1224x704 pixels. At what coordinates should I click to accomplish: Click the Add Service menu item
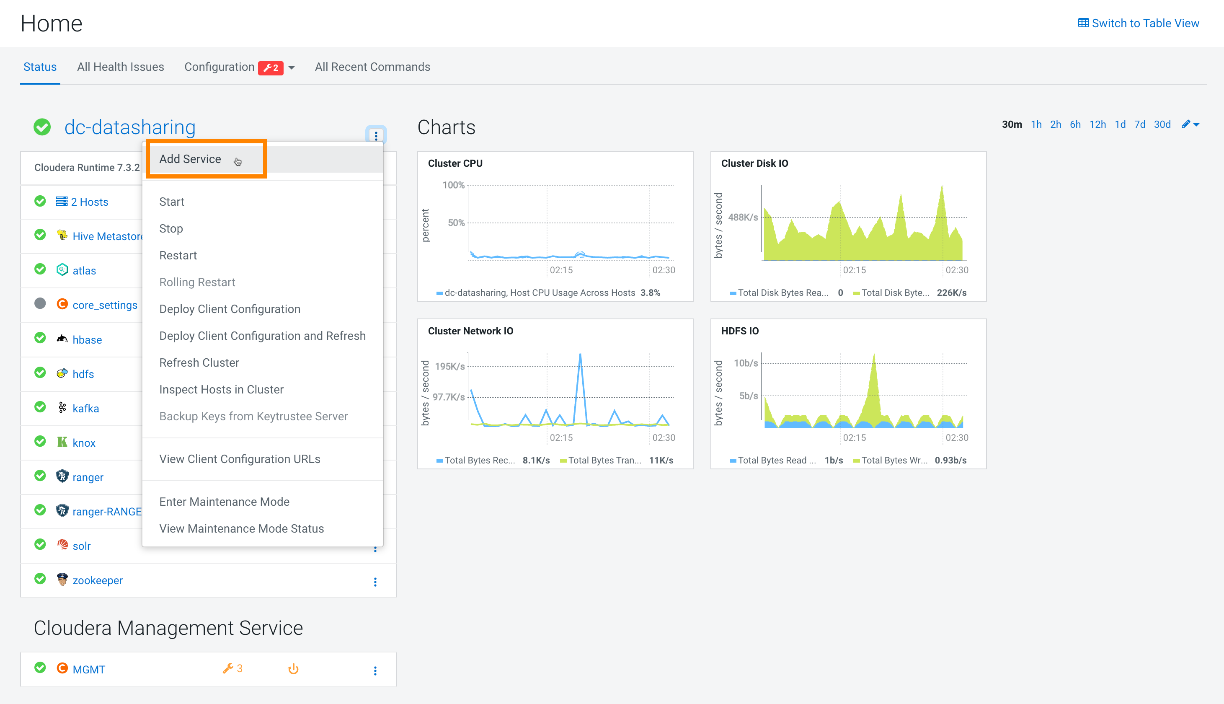tap(190, 159)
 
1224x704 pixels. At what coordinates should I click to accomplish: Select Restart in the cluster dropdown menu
tap(178, 255)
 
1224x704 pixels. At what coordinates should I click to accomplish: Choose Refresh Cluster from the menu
tap(199, 362)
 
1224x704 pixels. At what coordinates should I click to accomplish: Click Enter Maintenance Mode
tap(224, 502)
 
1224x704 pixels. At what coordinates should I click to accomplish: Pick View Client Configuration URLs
tap(240, 459)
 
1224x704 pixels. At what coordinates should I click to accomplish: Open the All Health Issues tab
tap(120, 67)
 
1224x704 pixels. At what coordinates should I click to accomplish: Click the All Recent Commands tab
tap(372, 67)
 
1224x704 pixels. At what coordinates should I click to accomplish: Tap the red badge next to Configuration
tap(271, 68)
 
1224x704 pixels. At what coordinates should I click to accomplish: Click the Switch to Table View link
tap(1139, 23)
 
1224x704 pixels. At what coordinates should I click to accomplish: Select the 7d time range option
tap(1139, 125)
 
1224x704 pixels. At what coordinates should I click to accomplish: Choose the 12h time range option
tap(1097, 125)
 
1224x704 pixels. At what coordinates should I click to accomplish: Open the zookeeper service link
tap(97, 580)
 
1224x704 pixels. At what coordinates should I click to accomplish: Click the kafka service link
tap(85, 409)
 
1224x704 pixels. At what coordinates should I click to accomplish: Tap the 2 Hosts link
tap(89, 202)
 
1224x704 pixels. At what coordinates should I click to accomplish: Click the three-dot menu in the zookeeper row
tap(375, 582)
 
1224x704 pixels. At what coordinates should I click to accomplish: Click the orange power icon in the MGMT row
tap(293, 669)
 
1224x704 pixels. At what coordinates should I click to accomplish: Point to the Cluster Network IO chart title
tap(470, 331)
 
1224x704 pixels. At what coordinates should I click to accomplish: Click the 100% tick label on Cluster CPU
tap(453, 185)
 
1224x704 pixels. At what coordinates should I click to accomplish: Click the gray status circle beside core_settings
tap(40, 304)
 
